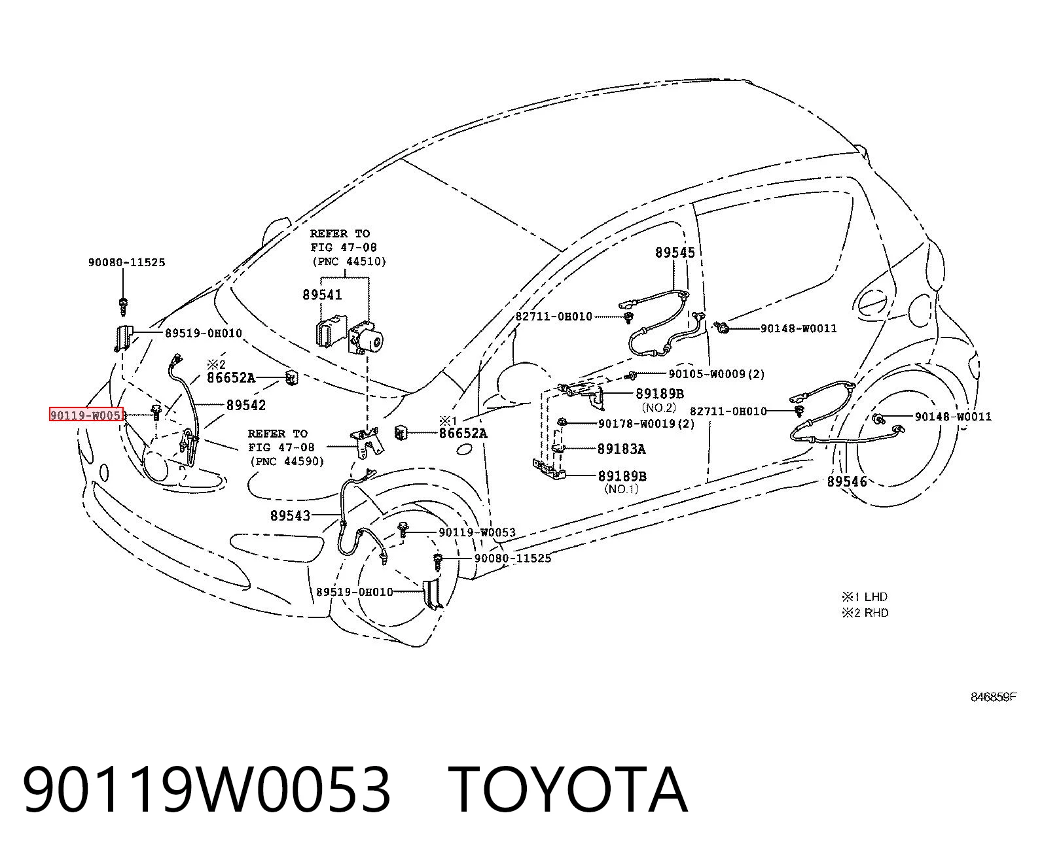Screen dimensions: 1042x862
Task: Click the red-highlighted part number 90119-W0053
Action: click(x=86, y=415)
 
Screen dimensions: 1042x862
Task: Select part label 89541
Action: click(x=323, y=295)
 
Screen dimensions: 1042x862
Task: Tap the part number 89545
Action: click(x=675, y=253)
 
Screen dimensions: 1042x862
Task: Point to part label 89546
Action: click(x=847, y=481)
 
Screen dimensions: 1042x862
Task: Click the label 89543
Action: click(x=291, y=515)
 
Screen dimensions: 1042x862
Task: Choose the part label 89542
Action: click(x=246, y=405)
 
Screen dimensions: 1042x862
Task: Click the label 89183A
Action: click(x=621, y=449)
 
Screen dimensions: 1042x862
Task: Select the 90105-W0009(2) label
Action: click(x=717, y=374)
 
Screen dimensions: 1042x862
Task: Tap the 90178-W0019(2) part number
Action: click(x=646, y=424)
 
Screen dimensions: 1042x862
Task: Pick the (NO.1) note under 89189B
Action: click(x=621, y=489)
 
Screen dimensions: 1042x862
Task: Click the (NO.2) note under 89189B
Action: click(x=658, y=408)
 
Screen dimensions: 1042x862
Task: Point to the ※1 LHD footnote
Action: click(x=865, y=596)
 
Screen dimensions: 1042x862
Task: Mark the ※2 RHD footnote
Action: click(x=865, y=613)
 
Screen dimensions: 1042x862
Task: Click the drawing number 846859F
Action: click(x=993, y=697)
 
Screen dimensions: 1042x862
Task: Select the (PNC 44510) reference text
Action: click(x=350, y=262)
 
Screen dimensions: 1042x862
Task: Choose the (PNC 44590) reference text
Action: click(x=287, y=462)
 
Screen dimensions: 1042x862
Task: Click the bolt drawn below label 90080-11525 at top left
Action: click(x=123, y=306)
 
